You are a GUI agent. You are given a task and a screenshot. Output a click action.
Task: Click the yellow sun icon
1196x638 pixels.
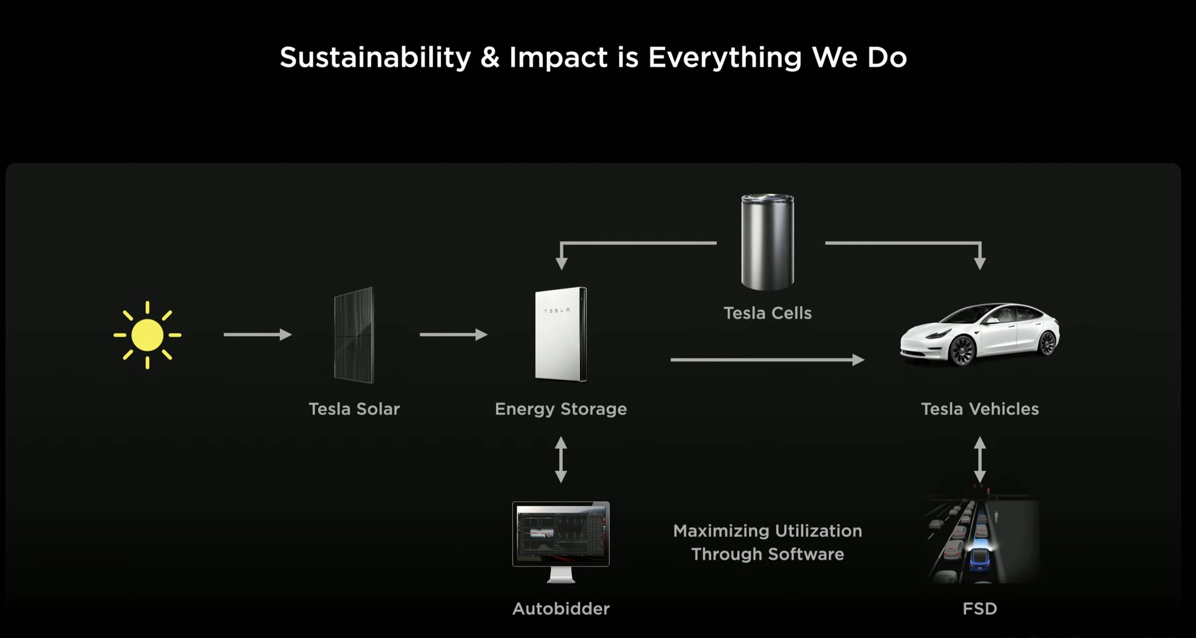(147, 335)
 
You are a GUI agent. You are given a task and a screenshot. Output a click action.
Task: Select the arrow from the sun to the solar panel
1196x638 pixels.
(258, 334)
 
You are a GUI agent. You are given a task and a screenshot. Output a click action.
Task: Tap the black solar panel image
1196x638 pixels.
(354, 335)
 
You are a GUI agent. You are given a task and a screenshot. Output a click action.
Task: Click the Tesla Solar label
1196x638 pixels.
(354, 409)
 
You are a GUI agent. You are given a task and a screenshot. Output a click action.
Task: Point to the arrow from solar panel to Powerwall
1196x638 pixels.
(453, 334)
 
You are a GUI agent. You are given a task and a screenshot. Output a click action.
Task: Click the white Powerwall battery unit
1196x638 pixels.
(561, 334)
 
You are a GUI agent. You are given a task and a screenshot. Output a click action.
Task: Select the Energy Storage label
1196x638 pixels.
(561, 409)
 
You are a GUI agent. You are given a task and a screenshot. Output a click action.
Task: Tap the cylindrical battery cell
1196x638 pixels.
(767, 242)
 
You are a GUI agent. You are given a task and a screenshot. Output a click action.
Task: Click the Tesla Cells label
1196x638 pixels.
(767, 313)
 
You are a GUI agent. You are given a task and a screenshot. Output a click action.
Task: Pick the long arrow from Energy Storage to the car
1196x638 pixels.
(767, 360)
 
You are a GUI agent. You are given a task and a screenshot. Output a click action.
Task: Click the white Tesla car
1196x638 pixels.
(980, 334)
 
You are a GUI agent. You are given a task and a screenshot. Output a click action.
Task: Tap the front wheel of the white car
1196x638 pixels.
(962, 350)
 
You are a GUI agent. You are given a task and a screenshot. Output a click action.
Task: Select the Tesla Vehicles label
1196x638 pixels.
(980, 409)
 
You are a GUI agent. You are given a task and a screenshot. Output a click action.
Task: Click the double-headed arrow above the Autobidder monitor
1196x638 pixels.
(561, 460)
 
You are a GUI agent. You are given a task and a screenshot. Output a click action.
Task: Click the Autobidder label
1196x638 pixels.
(561, 609)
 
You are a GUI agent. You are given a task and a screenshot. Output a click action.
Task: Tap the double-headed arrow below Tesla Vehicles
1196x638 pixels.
(980, 460)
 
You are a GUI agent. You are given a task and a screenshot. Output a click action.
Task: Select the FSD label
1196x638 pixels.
(980, 609)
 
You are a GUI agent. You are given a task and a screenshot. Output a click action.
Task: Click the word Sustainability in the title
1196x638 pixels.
(376, 57)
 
